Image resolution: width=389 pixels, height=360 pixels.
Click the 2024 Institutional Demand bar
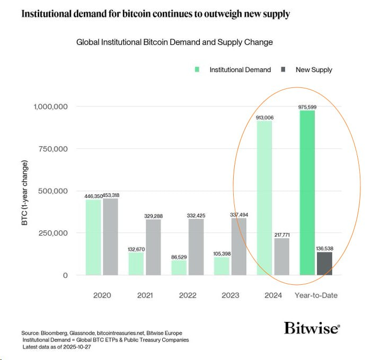[x=264, y=199]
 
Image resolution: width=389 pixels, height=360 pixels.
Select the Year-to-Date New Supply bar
[x=324, y=264]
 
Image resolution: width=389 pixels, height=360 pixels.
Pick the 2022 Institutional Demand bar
[x=178, y=267]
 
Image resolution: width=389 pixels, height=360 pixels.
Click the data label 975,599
[x=307, y=107]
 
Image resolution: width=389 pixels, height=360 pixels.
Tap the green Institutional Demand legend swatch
[x=198, y=69]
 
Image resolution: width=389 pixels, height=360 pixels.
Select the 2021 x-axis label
[x=144, y=295]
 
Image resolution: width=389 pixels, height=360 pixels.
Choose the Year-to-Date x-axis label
[x=316, y=295]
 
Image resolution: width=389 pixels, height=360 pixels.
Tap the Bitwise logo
[x=311, y=328]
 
